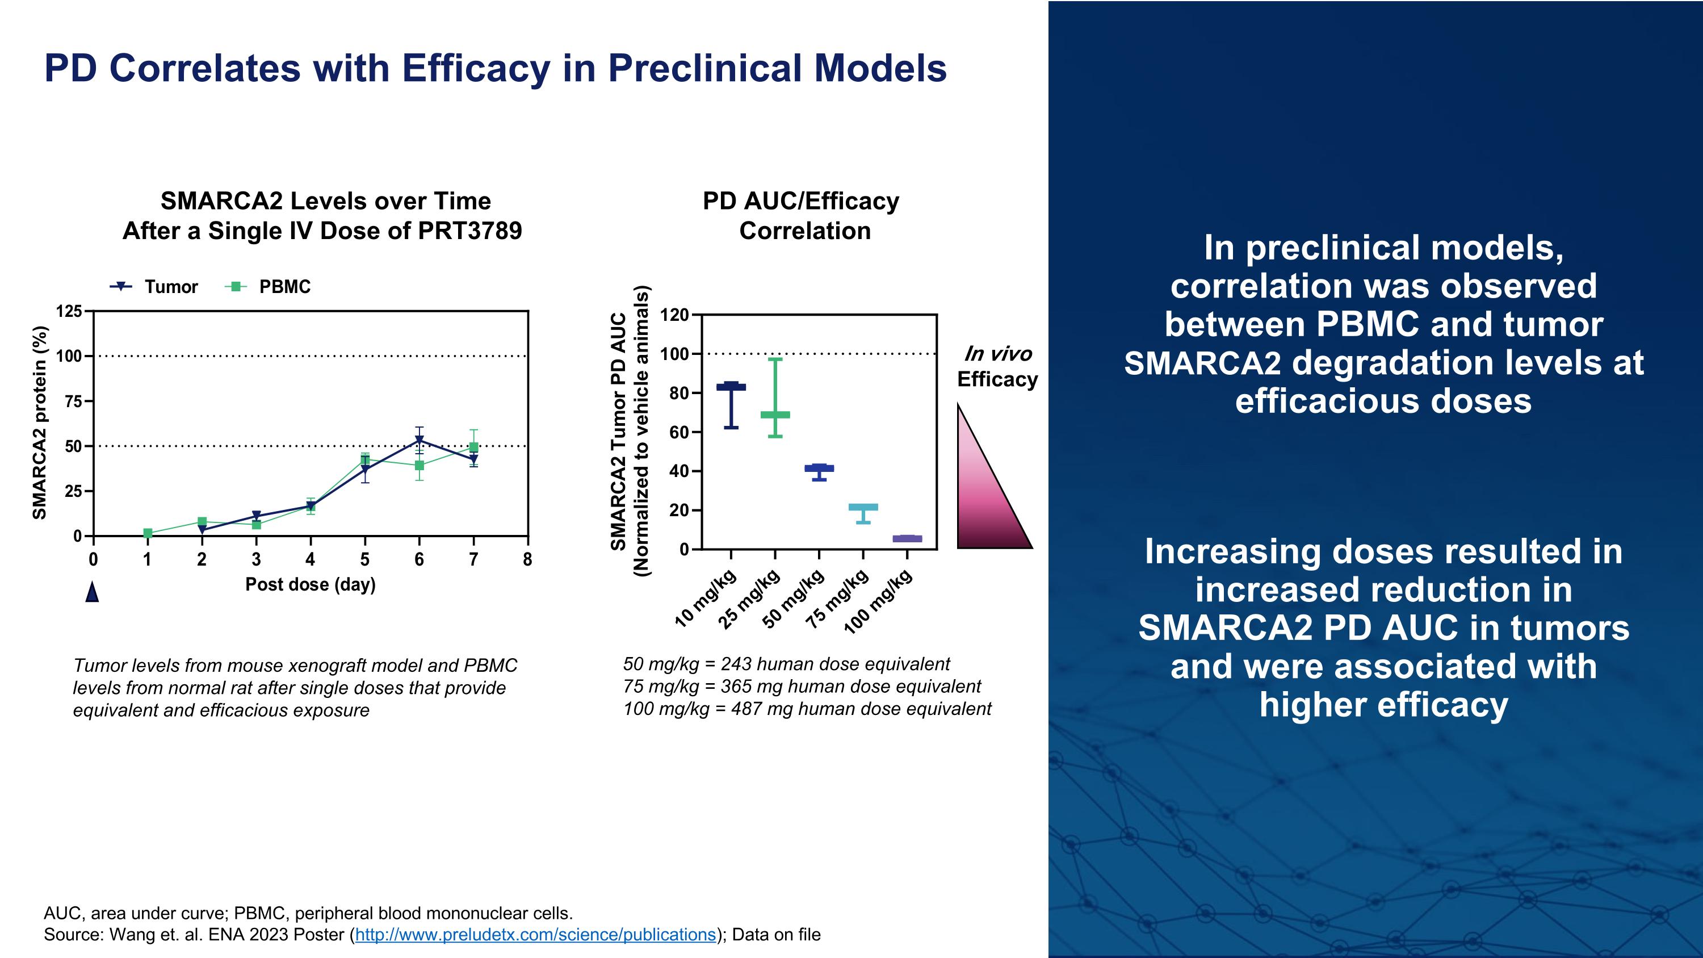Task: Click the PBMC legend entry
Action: (268, 287)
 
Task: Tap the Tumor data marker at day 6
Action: (419, 440)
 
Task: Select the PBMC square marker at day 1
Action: (148, 533)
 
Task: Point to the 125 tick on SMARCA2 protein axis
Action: (69, 311)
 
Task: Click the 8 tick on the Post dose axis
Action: (527, 559)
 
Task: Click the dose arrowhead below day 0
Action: (93, 592)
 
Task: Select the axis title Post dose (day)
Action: (310, 584)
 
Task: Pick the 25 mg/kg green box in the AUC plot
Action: (775, 415)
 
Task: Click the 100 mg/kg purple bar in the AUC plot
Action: (907, 539)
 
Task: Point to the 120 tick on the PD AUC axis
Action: (674, 315)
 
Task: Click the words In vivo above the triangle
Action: (997, 354)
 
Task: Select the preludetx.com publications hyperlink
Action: (535, 935)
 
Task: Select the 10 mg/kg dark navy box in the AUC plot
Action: (731, 387)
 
